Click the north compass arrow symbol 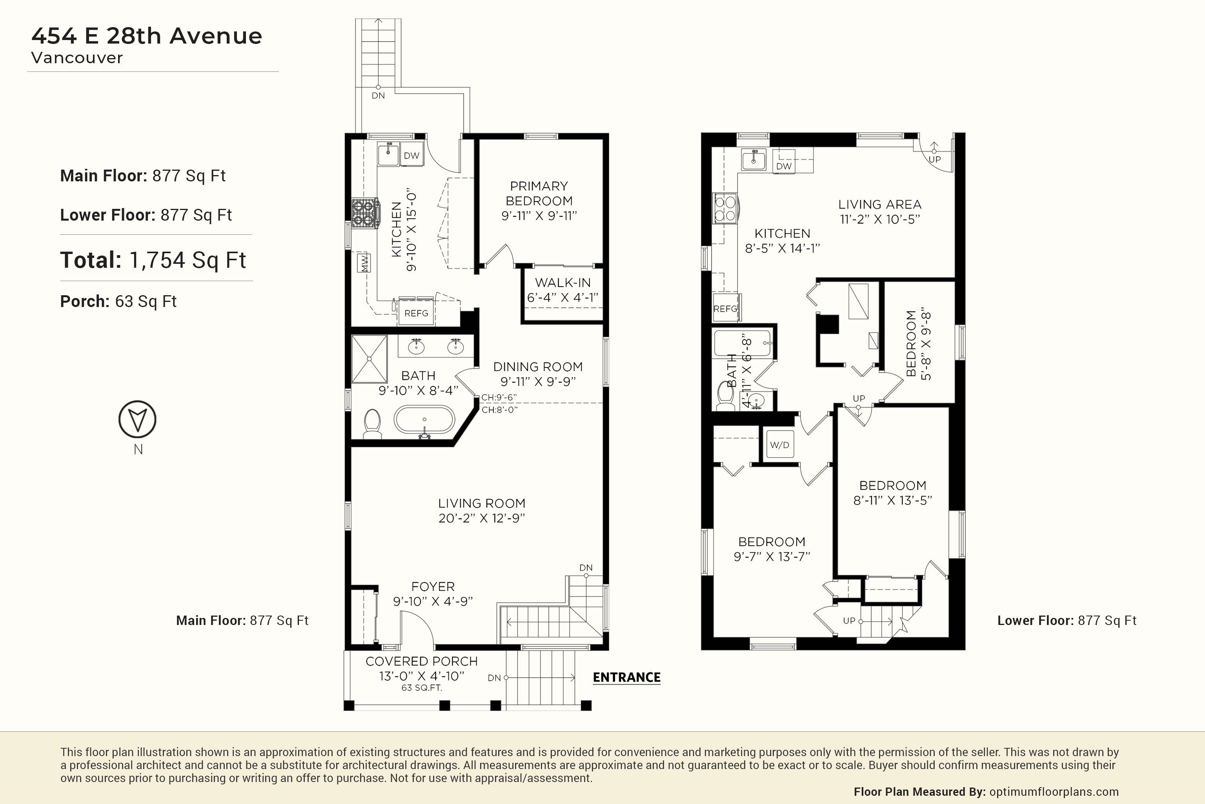click(137, 419)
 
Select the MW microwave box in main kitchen click(365, 263)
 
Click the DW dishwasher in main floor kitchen click(411, 155)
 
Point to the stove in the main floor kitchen click(365, 213)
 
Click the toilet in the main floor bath click(373, 424)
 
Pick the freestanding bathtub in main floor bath click(424, 420)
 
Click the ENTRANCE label click(626, 677)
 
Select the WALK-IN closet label click(562, 283)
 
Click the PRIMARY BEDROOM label click(539, 193)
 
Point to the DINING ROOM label click(538, 367)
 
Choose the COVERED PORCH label click(422, 661)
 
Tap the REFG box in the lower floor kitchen click(725, 308)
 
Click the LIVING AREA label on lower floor click(880, 204)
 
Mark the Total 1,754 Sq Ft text click(153, 260)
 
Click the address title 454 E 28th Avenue click(147, 35)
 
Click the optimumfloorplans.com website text click(1054, 792)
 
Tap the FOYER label click(433, 587)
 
